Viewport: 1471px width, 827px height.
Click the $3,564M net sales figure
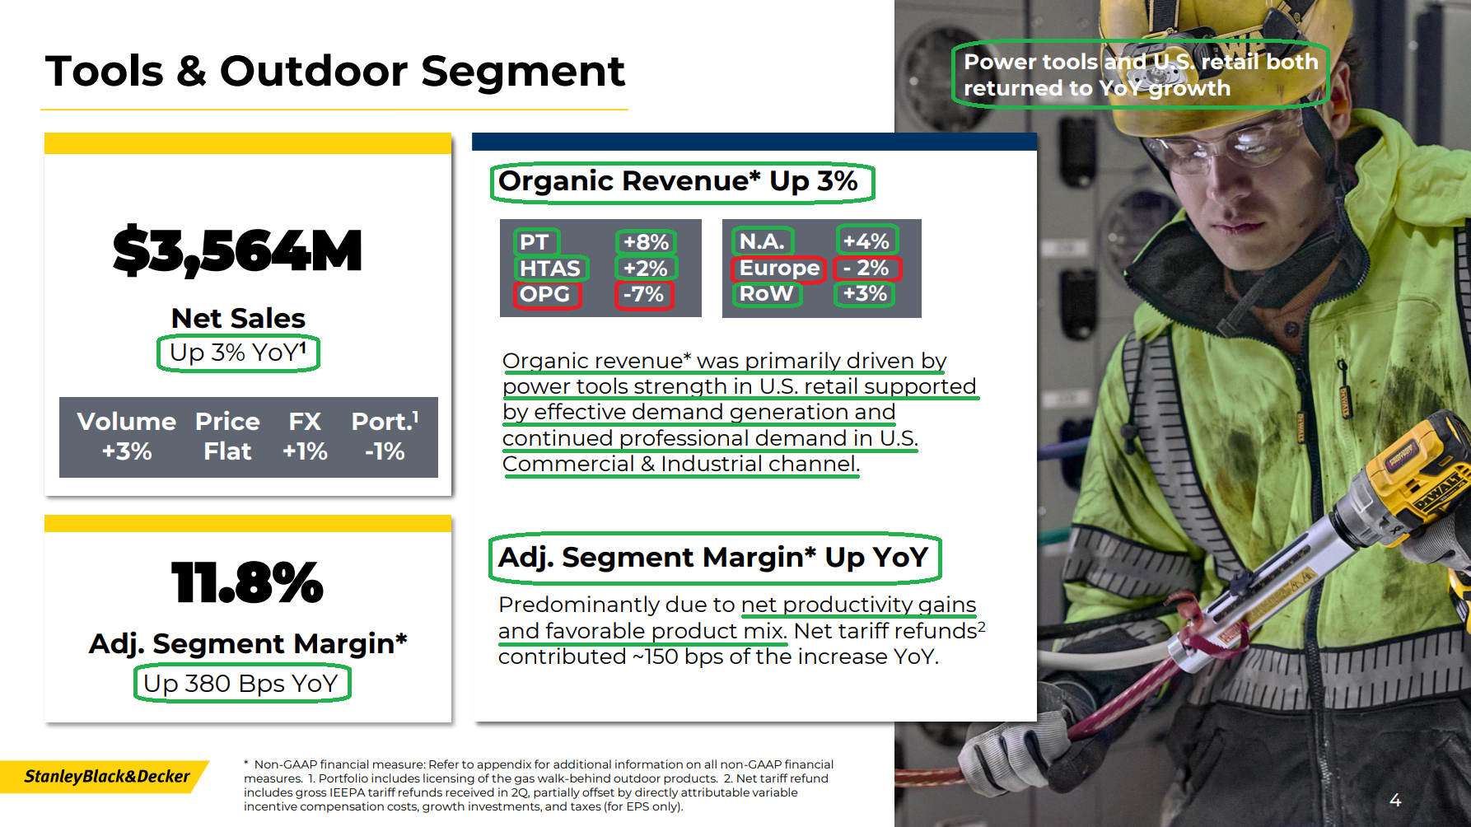click(x=237, y=251)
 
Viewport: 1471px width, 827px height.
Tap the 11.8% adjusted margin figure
click(x=247, y=582)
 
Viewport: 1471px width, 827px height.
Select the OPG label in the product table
click(x=544, y=294)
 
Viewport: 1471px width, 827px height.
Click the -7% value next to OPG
click(x=643, y=294)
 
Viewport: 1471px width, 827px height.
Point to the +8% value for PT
click(x=646, y=242)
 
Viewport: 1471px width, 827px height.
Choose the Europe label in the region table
click(x=779, y=269)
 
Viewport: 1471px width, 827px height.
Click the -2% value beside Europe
click(x=866, y=268)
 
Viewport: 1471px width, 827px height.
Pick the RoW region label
click(x=766, y=293)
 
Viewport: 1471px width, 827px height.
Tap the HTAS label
click(x=549, y=269)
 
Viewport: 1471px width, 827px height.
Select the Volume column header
click(x=127, y=422)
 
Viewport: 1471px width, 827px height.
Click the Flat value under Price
click(x=227, y=451)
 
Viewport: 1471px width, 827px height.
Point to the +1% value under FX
click(x=305, y=451)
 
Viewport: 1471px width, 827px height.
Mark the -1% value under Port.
click(x=385, y=451)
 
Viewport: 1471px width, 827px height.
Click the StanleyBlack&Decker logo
click(x=107, y=776)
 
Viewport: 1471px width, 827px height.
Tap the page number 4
click(x=1395, y=800)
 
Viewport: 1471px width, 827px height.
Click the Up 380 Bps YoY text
click(x=240, y=684)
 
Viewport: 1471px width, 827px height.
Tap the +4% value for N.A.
click(x=866, y=241)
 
